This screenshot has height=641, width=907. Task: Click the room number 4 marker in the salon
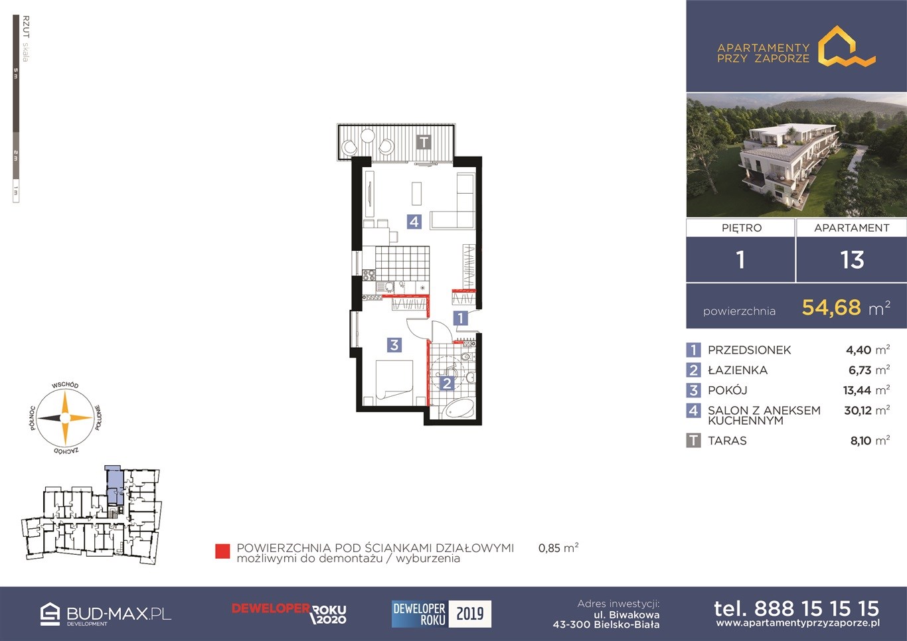coord(414,222)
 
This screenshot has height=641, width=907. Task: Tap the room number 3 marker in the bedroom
coord(394,345)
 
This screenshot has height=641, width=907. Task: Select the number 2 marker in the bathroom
coord(447,383)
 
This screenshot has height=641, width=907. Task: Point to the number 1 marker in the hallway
coord(460,318)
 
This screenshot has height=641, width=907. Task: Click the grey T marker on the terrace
coord(424,142)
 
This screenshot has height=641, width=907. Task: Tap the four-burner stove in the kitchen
coord(369,275)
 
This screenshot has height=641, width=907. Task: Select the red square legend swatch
coord(222,551)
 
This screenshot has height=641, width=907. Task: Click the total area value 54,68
coord(831,307)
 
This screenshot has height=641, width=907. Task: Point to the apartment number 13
coord(852,259)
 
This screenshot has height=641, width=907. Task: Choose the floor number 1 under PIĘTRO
coord(740,259)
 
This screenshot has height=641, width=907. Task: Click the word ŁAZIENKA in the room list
coord(737,370)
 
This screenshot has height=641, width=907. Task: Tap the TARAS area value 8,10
coord(861,441)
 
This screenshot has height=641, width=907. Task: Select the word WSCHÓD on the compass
coord(65,386)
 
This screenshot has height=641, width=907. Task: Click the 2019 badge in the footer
coord(469,614)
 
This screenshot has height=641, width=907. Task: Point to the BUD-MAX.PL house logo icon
coord(50,614)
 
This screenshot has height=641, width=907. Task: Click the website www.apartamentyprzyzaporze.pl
coord(797,623)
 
